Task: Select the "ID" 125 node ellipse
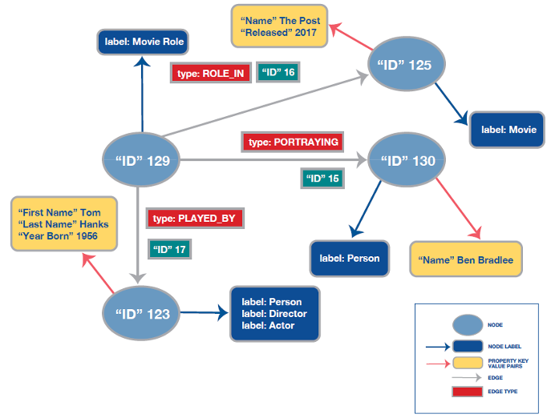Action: (x=403, y=65)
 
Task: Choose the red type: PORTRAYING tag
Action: (x=294, y=142)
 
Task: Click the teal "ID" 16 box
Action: (x=279, y=73)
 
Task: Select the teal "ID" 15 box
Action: (x=323, y=178)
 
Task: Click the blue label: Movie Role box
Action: (x=142, y=42)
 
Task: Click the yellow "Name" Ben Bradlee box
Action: (x=464, y=260)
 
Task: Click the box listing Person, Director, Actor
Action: (x=274, y=314)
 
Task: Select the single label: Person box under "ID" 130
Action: (x=349, y=259)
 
